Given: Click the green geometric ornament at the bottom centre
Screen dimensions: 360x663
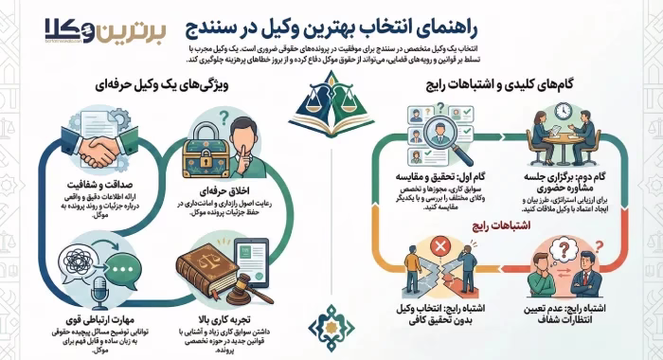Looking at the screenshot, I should pos(331,326).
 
